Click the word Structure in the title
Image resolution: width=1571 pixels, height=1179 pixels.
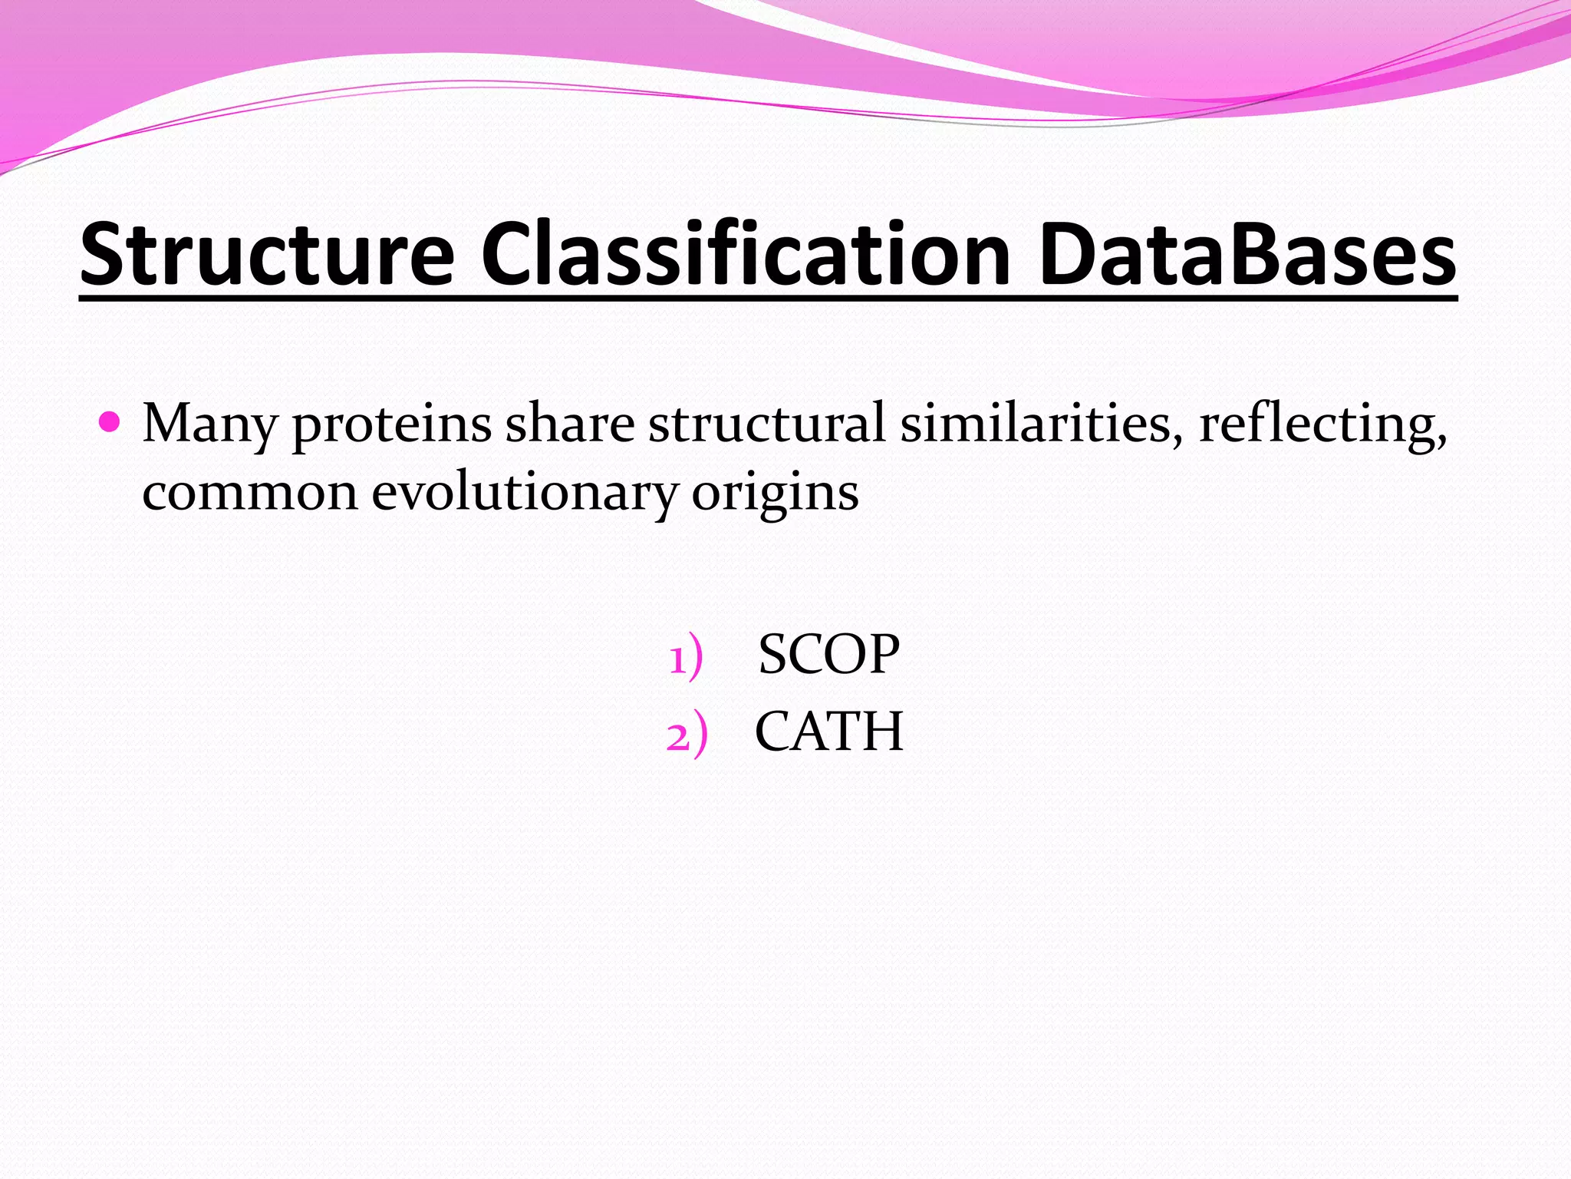(x=268, y=254)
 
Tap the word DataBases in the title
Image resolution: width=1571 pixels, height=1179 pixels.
(x=1247, y=254)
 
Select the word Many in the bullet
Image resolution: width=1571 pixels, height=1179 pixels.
(x=209, y=424)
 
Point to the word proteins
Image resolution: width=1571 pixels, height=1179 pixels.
(x=391, y=424)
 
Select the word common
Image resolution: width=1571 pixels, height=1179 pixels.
(x=250, y=493)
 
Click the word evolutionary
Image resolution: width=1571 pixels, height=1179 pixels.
(x=525, y=493)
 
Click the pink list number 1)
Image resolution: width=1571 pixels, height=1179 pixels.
(x=685, y=657)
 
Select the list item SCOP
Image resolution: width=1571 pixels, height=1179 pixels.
(x=828, y=654)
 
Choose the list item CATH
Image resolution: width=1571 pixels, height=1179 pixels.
(x=828, y=731)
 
